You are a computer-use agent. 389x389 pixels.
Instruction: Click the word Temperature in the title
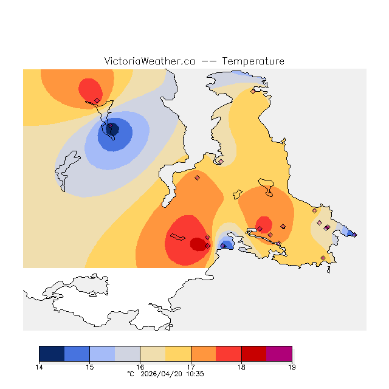tap(253, 61)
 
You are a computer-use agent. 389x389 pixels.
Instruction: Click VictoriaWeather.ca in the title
tap(150, 61)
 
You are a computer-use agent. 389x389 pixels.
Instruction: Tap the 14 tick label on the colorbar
tap(40, 367)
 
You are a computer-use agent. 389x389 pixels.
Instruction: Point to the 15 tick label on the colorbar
tap(90, 367)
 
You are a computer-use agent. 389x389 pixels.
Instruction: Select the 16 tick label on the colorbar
tap(140, 367)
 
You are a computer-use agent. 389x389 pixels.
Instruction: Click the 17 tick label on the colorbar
tap(191, 367)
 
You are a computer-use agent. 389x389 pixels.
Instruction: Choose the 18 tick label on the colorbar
tap(241, 367)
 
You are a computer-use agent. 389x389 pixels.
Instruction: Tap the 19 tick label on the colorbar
tap(292, 367)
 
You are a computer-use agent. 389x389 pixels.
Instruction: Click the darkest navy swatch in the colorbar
tap(52, 354)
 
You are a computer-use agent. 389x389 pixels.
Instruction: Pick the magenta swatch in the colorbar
tap(279, 354)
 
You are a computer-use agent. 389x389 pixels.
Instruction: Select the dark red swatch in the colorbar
tap(254, 354)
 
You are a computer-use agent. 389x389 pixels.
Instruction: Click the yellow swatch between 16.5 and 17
tap(178, 354)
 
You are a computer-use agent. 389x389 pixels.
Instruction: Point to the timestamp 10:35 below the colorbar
tap(194, 374)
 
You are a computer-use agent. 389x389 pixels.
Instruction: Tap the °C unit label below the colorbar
tap(130, 374)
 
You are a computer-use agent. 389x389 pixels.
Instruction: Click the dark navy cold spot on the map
tap(112, 128)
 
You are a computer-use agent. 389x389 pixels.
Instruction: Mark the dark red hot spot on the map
tap(198, 244)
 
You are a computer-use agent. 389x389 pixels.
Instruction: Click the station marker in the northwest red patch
tap(97, 100)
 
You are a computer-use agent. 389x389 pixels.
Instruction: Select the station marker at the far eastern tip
tap(354, 235)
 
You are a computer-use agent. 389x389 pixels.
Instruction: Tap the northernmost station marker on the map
tap(253, 91)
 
